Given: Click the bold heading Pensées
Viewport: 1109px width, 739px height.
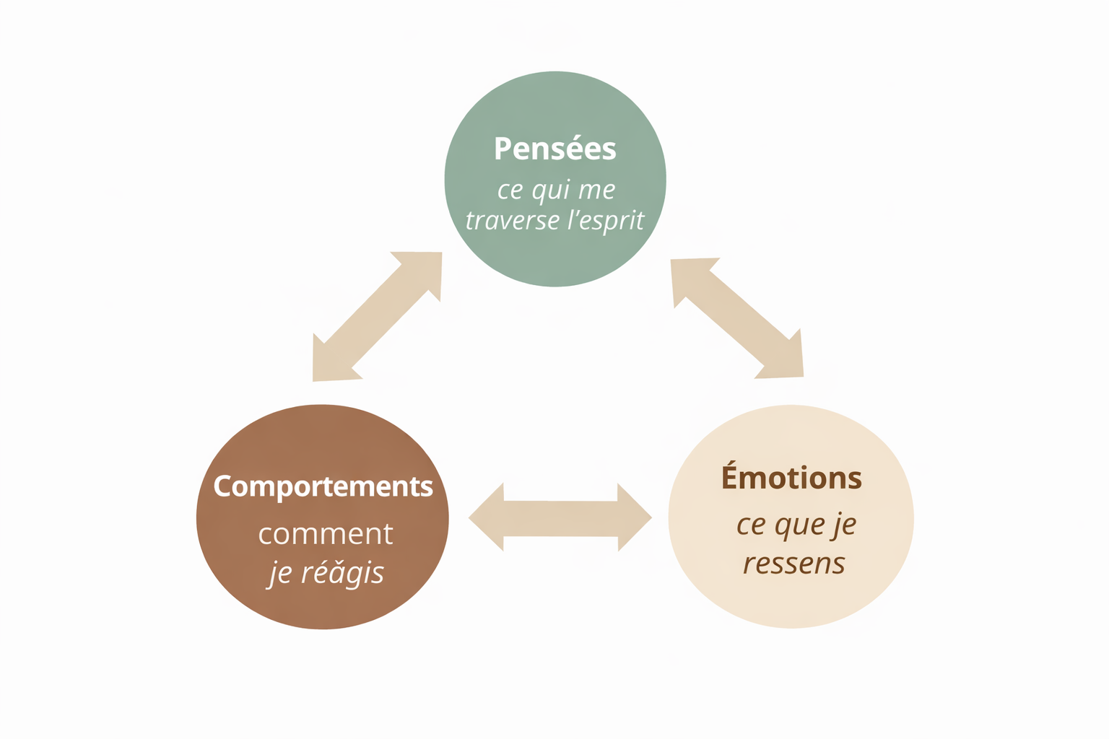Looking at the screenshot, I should coord(554,149).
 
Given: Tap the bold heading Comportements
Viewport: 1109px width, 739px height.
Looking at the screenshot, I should coord(323,486).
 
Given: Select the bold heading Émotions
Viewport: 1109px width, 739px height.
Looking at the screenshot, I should coord(791,478).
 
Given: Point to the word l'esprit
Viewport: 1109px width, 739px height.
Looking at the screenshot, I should coord(605,221).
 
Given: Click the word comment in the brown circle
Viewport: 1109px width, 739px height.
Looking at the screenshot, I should coord(326,534).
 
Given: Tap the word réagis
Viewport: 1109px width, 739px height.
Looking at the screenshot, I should coord(342,572).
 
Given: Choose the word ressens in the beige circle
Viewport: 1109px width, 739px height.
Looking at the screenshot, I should coord(794,563).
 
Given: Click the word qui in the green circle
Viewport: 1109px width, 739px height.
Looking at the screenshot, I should coord(552,191).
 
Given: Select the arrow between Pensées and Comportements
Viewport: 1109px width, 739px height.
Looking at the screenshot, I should coord(376,316).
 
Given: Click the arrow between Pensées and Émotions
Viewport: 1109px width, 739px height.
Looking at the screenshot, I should coord(737,318).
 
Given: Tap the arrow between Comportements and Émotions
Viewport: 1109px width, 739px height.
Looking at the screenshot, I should coord(560,517).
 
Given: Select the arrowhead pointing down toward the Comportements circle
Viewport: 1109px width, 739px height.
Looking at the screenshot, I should coord(330,363).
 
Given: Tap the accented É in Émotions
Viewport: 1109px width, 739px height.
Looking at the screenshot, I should coord(731,477).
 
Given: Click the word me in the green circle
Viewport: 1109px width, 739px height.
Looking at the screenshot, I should coord(596,191).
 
